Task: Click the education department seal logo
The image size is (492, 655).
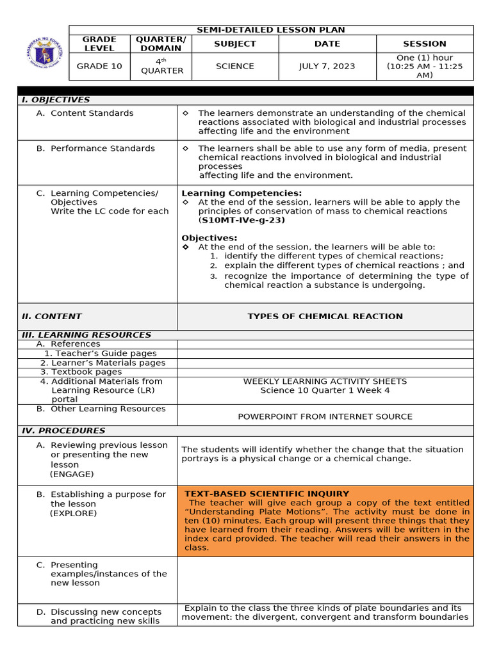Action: coord(40,49)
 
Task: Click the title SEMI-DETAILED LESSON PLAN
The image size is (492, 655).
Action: coord(270,30)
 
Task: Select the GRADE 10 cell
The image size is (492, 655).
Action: coord(99,67)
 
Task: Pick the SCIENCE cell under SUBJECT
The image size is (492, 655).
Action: coord(234,67)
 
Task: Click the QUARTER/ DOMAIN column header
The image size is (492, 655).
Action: coord(161,44)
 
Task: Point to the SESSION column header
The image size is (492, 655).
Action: coord(424,44)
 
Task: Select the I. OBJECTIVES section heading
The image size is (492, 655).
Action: coord(56,100)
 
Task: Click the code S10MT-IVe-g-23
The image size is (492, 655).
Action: coord(243,220)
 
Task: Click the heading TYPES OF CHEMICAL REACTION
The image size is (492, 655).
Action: coord(325,317)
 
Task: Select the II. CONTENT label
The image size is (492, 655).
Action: coord(52,317)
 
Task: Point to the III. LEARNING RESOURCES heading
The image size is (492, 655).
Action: coord(86,335)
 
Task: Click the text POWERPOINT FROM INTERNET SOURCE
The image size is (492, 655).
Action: coord(325,416)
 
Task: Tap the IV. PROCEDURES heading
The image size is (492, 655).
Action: coord(63,430)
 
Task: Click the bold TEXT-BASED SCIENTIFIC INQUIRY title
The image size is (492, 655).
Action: coord(266,494)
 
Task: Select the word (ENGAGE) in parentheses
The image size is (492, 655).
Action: coord(72,474)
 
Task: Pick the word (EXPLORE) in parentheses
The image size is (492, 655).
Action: coord(74,513)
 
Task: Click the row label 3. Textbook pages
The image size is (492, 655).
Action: coord(81,372)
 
